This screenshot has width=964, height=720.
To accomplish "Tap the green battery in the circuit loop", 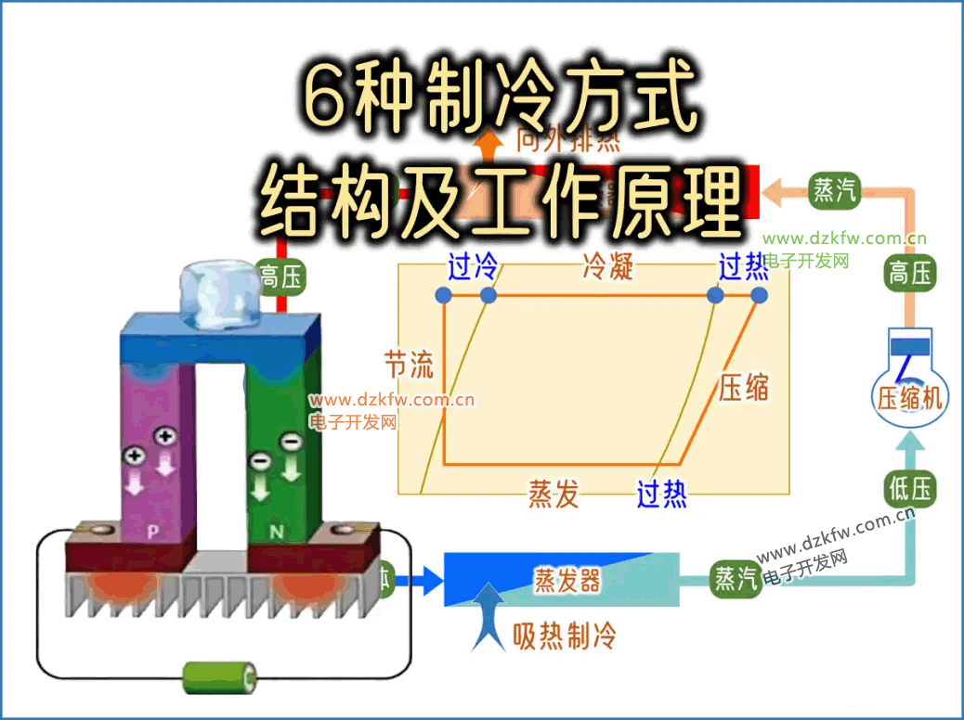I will tap(221, 677).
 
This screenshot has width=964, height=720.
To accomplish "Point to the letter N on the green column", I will tap(276, 532).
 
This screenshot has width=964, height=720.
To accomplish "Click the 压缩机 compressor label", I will tap(910, 398).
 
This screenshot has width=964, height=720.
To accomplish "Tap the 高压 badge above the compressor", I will tap(910, 274).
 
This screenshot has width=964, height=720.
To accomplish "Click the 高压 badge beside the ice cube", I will tap(281, 276).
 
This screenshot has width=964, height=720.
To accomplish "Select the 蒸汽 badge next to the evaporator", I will tap(735, 580).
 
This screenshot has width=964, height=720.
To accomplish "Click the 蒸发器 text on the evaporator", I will tap(567, 581).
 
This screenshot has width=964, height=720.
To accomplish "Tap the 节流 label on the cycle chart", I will tap(409, 364).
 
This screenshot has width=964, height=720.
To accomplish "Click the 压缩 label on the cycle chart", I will tap(743, 387).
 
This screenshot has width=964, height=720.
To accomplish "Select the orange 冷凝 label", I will tap(607, 267).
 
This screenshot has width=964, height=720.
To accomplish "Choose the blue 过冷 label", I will tap(473, 268).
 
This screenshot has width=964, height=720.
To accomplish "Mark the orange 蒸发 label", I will tap(554, 494).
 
